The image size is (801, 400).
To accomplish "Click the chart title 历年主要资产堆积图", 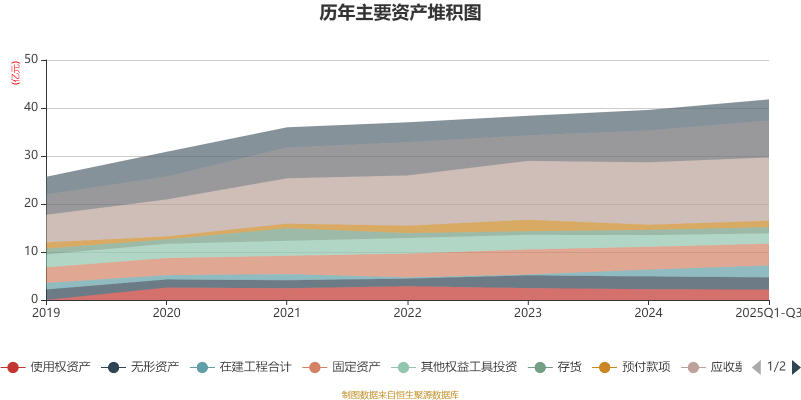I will point(400,13).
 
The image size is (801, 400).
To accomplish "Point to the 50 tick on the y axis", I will point(31,59).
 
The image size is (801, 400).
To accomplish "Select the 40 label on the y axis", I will point(31,107).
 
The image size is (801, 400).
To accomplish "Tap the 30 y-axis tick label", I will point(31,155).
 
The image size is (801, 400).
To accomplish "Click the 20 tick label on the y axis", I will point(31,203).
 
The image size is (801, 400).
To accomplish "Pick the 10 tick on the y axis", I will point(31,251).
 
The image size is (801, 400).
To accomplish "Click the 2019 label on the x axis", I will point(46,313).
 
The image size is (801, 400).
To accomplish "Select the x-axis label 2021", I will point(287,313).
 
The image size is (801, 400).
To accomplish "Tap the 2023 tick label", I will point(528,313).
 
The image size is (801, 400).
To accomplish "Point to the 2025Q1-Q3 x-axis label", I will point(767,313).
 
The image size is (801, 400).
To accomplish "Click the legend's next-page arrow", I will point(795,367).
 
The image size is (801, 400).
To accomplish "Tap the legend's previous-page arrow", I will point(756,367).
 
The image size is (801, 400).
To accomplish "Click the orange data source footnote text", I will point(400,395).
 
